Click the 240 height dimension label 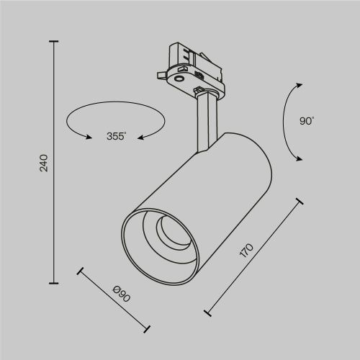pyautogui.click(x=43, y=163)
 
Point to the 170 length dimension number pyautogui.click(x=246, y=250)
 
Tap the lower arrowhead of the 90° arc pyautogui.click(x=297, y=159)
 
